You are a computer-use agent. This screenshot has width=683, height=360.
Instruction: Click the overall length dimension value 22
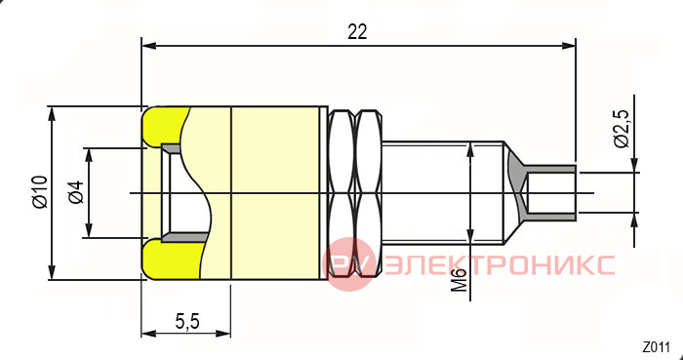pos(357,32)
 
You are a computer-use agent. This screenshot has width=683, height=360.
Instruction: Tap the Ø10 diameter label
pos(40,192)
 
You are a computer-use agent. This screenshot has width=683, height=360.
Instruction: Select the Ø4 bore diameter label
pos(76,192)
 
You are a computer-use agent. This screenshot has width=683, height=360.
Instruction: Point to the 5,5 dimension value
pos(187,322)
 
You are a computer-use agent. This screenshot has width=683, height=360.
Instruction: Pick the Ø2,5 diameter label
pos(623,130)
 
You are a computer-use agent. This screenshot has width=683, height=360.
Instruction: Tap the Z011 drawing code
pos(656,348)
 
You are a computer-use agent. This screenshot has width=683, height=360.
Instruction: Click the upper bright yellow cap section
pos(165,126)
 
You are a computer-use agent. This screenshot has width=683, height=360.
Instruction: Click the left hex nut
pos(341,193)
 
